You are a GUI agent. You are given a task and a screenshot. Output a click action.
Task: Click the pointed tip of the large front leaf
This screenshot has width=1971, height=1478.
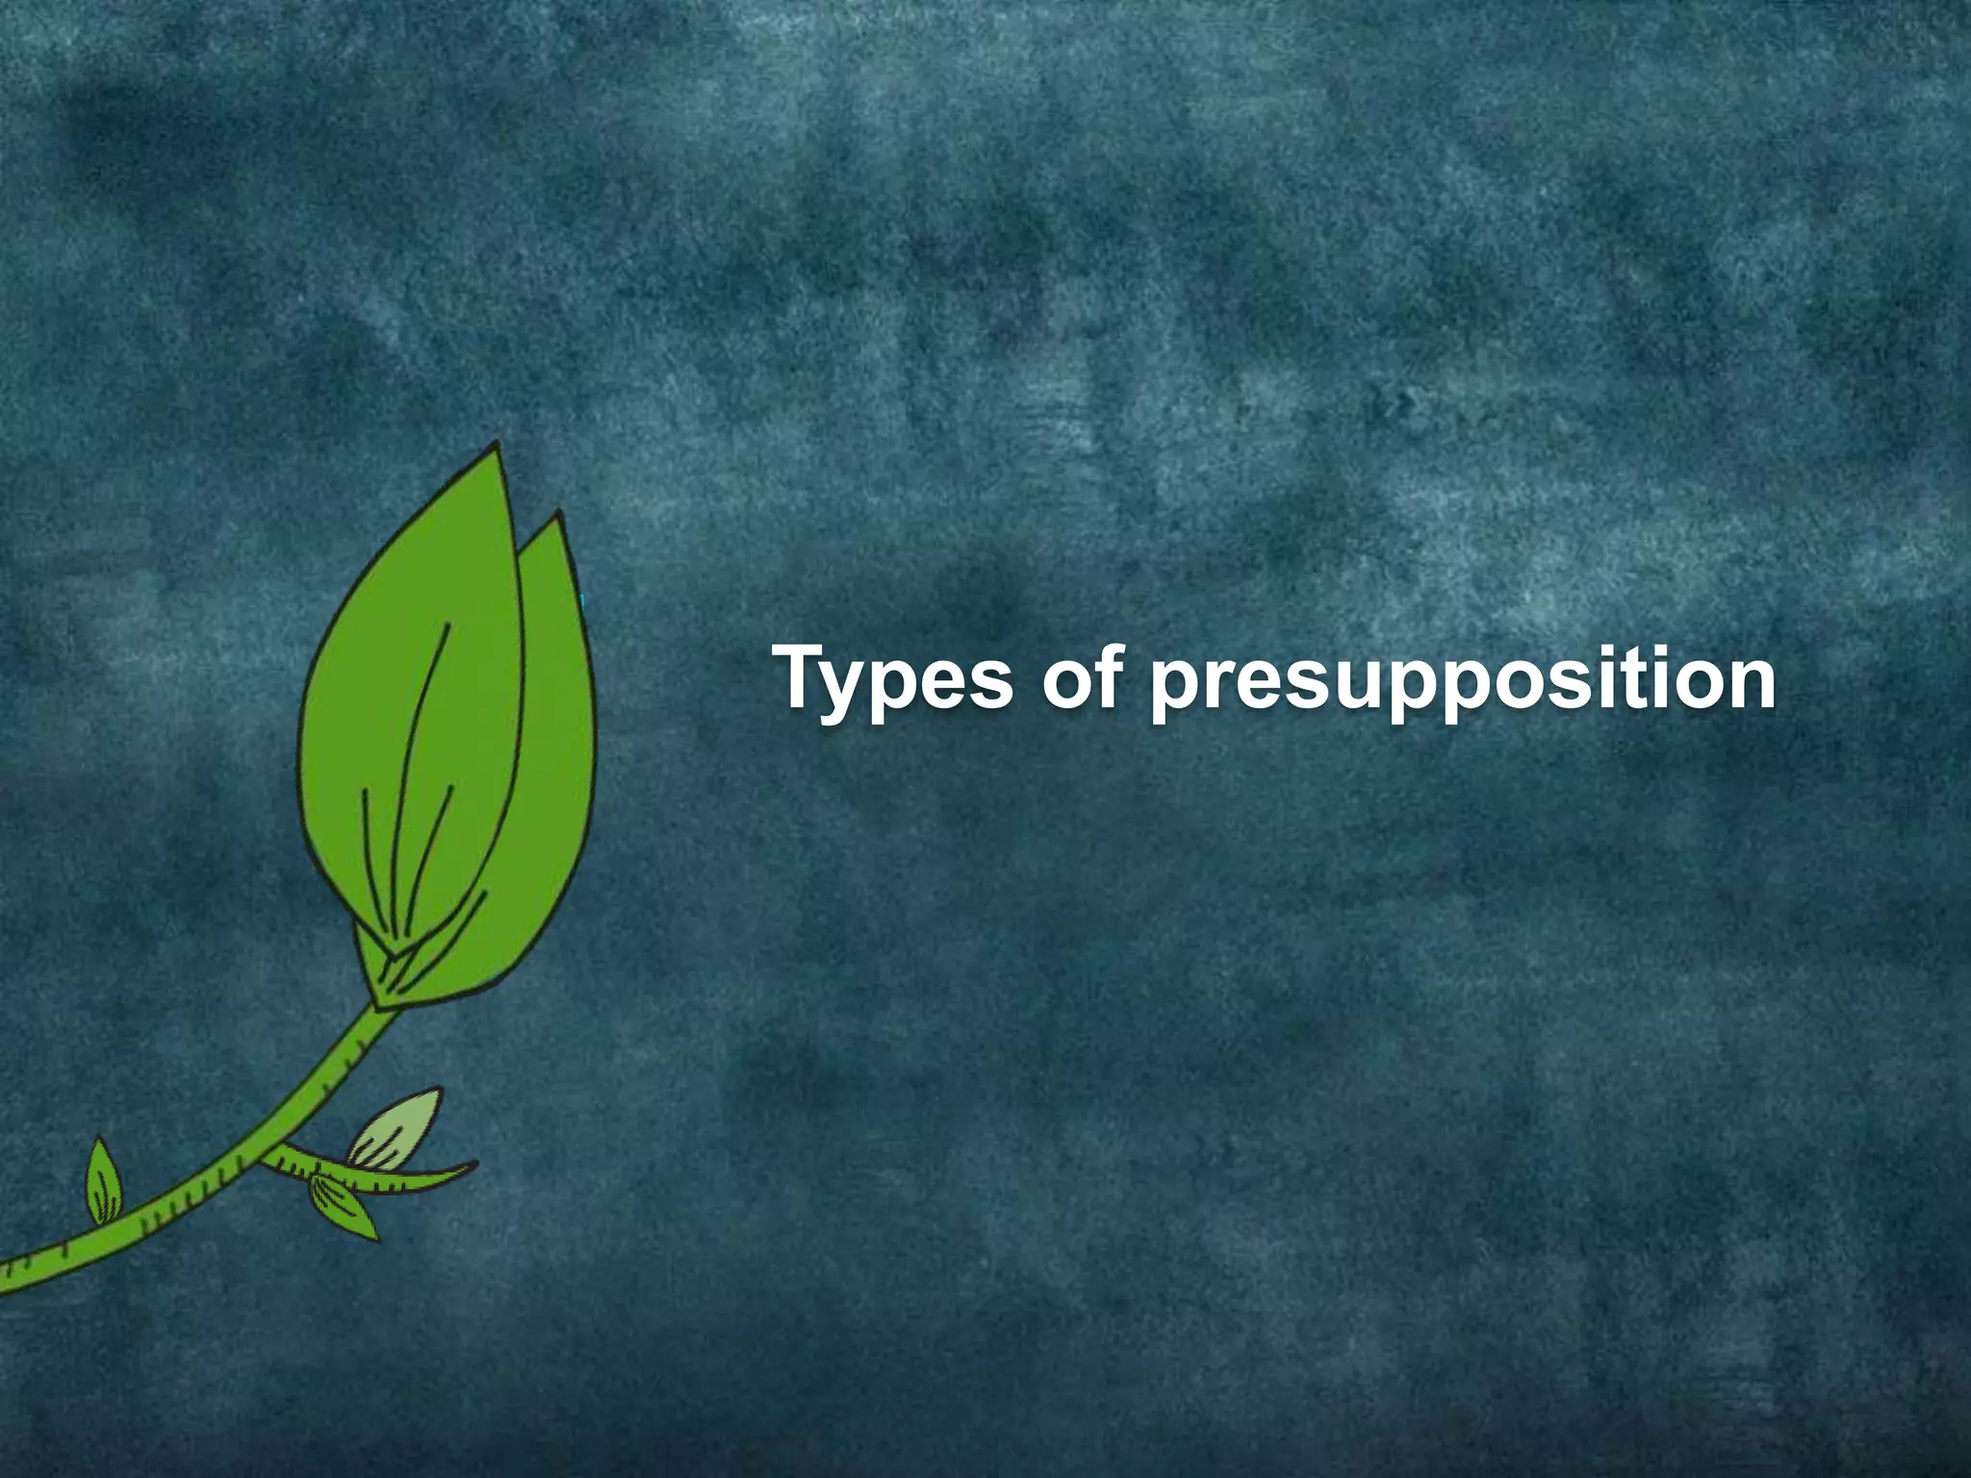(497, 444)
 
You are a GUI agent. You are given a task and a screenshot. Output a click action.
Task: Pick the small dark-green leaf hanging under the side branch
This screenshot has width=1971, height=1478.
(342, 1207)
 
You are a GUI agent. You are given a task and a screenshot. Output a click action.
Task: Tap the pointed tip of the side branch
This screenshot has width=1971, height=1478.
(474, 1165)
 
